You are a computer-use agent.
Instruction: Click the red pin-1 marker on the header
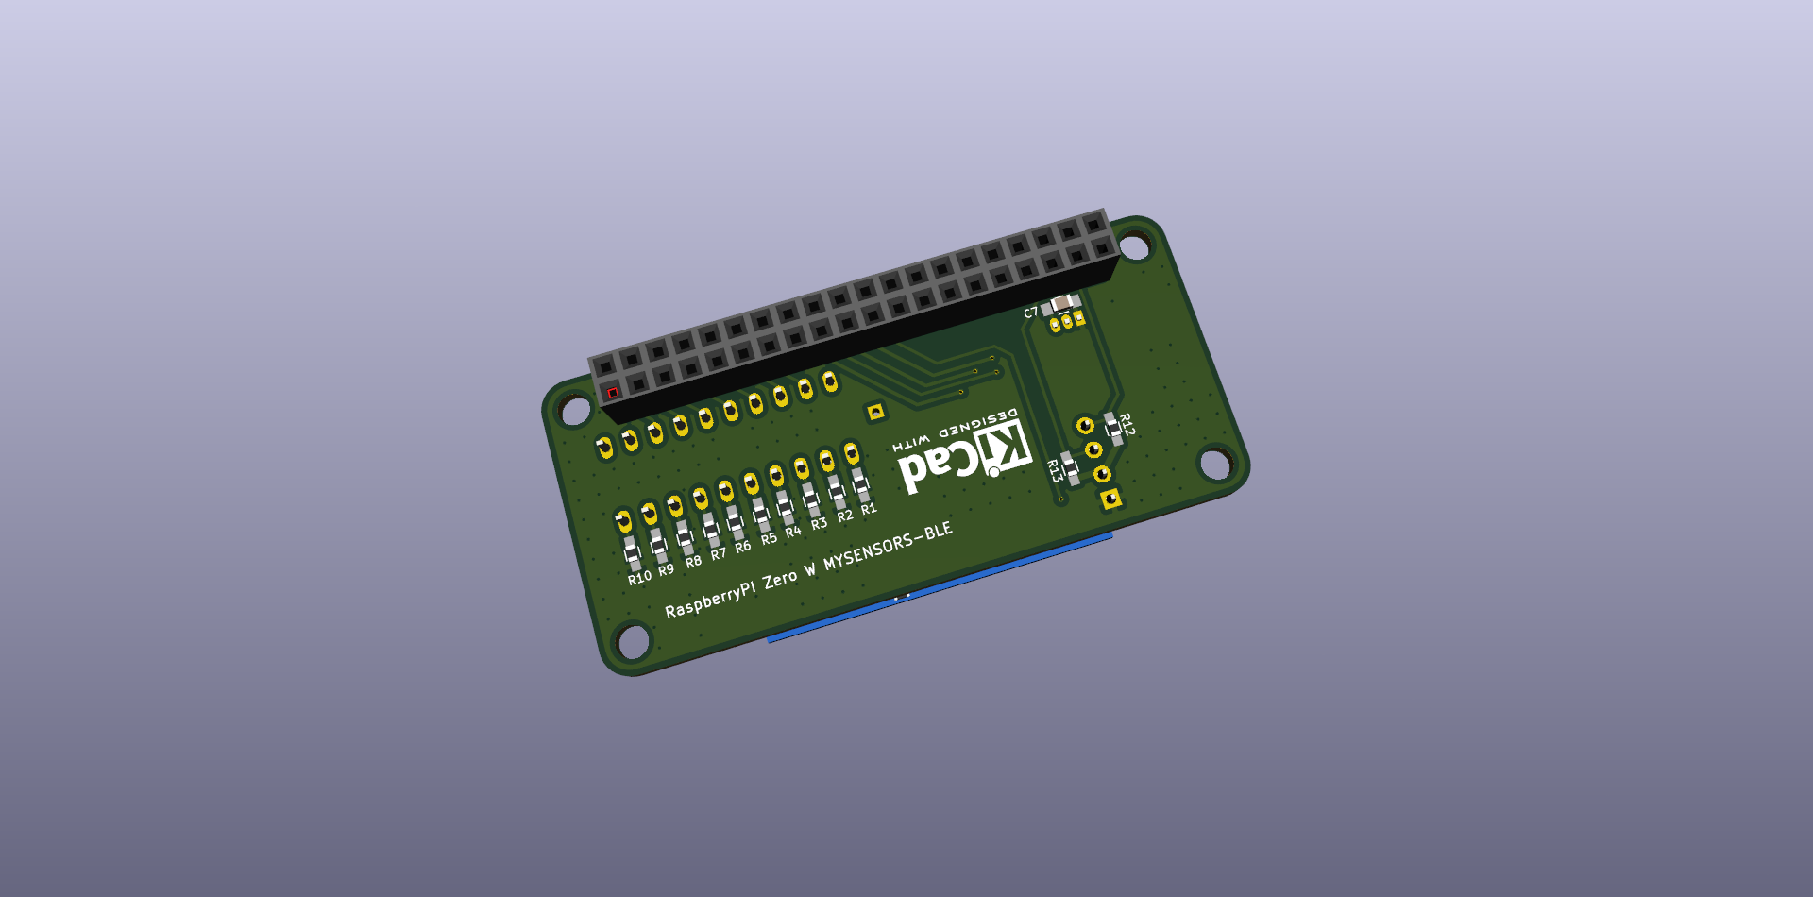click(x=612, y=393)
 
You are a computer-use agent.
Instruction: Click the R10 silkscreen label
click(x=639, y=577)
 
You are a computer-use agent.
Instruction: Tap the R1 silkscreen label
click(x=869, y=509)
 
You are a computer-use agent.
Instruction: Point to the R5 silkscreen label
click(x=769, y=538)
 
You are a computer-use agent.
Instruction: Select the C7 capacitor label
click(x=1030, y=313)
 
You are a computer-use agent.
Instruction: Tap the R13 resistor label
click(x=1054, y=470)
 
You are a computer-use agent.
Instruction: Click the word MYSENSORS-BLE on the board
click(x=888, y=547)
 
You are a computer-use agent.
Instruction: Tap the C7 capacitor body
click(x=1064, y=303)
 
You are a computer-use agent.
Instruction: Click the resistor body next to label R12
click(x=1114, y=428)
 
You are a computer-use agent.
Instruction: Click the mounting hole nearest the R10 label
click(x=633, y=642)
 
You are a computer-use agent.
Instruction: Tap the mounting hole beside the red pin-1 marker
click(x=575, y=411)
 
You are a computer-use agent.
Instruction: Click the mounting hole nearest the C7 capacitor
click(x=1134, y=247)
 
